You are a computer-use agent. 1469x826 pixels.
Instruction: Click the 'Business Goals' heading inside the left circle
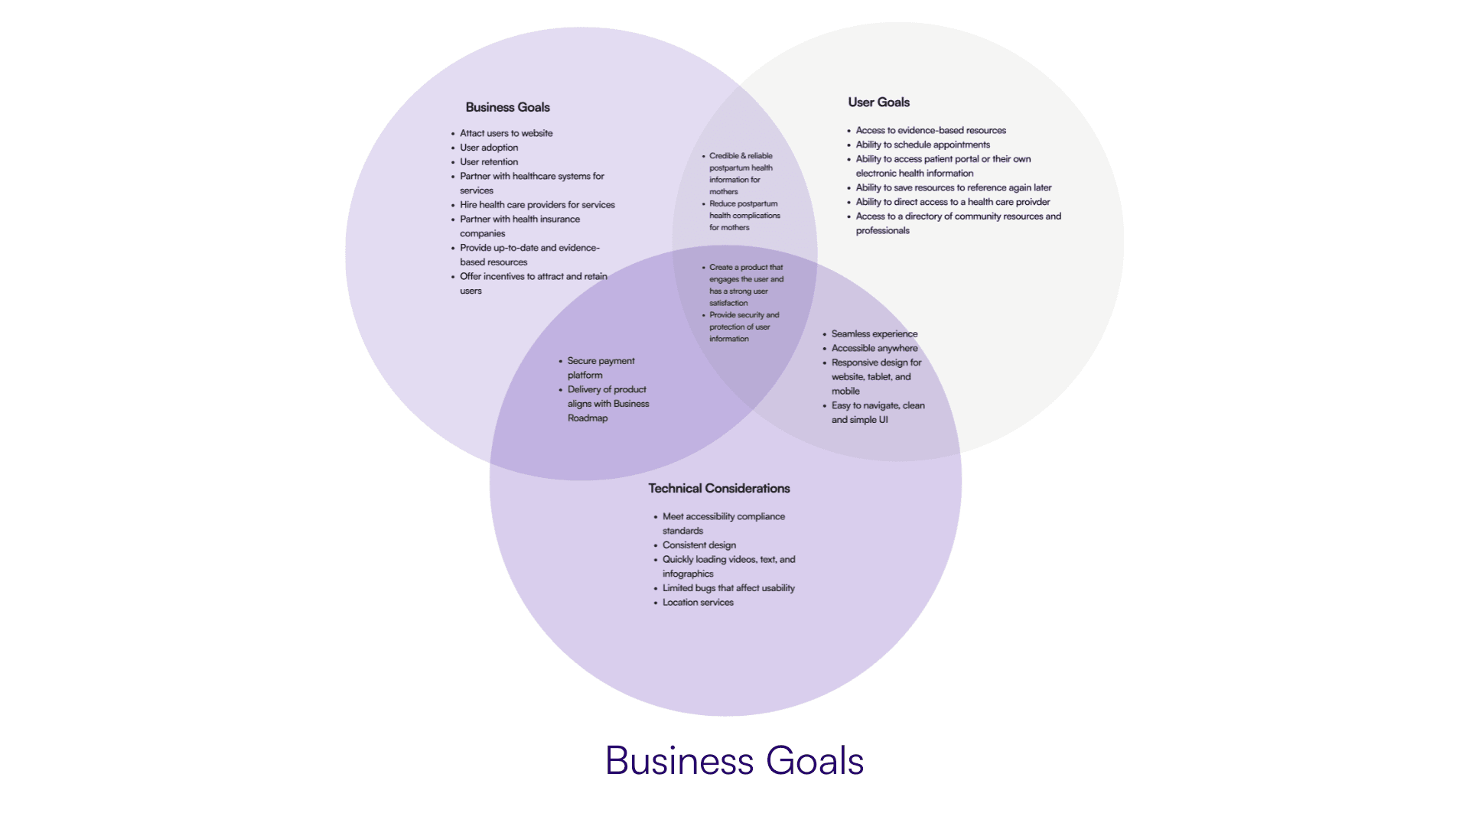coord(507,107)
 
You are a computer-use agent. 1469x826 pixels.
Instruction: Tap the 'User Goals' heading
coord(878,102)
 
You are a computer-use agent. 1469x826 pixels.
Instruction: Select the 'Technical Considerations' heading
coord(718,488)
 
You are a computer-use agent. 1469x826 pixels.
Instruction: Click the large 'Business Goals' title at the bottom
coord(734,761)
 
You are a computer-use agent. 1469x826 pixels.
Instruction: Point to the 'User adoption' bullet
coord(489,148)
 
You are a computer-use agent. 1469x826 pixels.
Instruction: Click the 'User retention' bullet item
coord(489,162)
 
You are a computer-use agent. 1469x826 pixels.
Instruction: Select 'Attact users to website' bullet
coord(506,133)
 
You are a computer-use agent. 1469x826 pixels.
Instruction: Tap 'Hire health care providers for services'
coord(537,205)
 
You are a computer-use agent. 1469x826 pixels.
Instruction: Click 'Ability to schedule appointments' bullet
coord(923,145)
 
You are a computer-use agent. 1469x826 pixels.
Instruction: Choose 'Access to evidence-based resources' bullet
coord(930,131)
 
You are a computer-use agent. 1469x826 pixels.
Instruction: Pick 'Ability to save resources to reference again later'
coord(953,187)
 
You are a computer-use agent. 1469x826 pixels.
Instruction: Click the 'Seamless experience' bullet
coord(874,334)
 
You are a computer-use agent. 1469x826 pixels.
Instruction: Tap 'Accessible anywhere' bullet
coord(874,348)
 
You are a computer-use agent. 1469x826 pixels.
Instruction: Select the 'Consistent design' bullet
coord(699,545)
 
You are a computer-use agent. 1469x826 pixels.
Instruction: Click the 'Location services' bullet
coord(698,603)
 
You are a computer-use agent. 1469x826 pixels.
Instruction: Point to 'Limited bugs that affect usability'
coord(728,588)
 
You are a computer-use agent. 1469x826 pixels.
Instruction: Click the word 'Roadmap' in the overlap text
coord(588,418)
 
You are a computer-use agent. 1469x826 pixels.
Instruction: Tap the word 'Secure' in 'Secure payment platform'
coord(581,361)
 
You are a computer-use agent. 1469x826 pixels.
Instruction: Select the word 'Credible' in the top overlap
coord(723,156)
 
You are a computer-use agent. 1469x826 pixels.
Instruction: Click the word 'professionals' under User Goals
coord(882,231)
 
